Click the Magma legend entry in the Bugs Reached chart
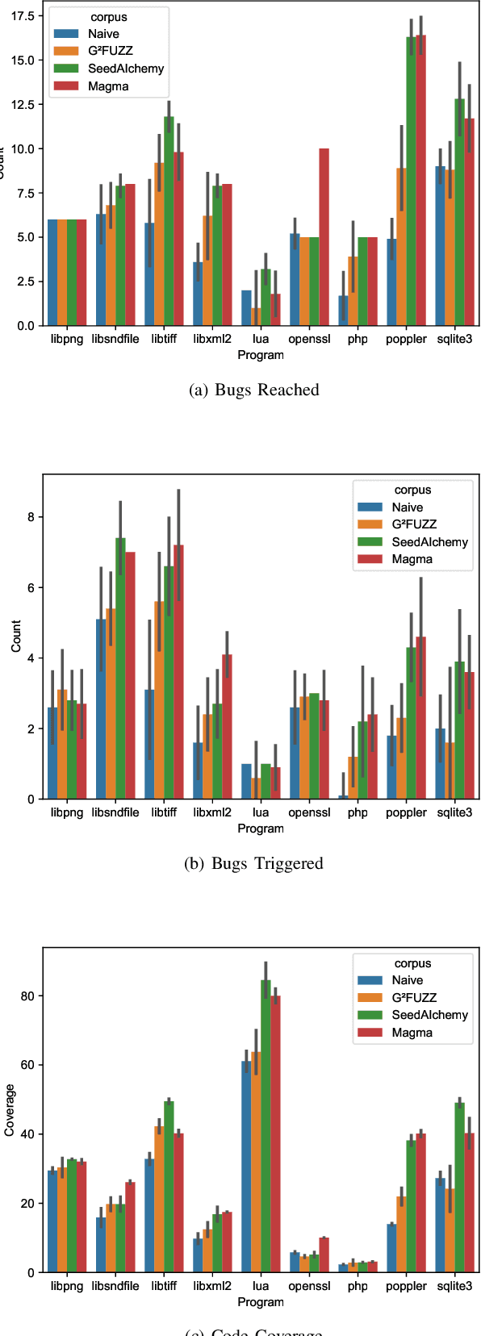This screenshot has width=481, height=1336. pos(108,86)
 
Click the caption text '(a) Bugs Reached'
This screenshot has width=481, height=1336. pos(254,390)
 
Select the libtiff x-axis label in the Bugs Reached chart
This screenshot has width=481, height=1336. pos(164,340)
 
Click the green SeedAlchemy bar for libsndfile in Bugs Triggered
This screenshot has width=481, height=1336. pos(120,669)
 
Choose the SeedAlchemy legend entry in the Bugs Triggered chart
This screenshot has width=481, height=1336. pos(429,542)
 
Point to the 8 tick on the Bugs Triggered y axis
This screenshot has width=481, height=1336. pos(30,517)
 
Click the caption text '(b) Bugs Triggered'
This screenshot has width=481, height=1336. pos(254,864)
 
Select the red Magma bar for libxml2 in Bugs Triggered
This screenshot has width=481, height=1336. pos(227,727)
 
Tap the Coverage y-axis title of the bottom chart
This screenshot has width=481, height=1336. pos(10,1110)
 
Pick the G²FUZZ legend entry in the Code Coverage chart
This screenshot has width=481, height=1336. pos(414,998)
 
